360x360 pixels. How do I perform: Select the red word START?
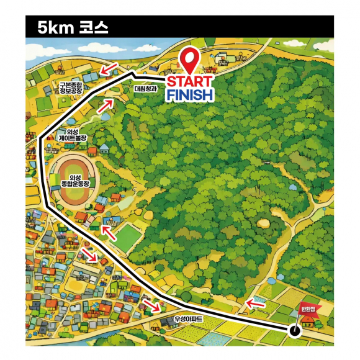(x=190, y=83)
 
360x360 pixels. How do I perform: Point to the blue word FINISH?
(x=190, y=95)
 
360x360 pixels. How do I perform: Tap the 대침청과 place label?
(x=146, y=89)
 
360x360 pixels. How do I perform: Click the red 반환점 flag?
(x=307, y=309)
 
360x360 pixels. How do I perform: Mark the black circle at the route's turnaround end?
(x=295, y=330)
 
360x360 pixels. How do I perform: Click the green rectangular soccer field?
(x=127, y=238)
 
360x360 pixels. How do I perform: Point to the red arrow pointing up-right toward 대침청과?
(x=105, y=105)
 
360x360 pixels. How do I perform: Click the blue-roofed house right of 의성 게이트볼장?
(x=104, y=149)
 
